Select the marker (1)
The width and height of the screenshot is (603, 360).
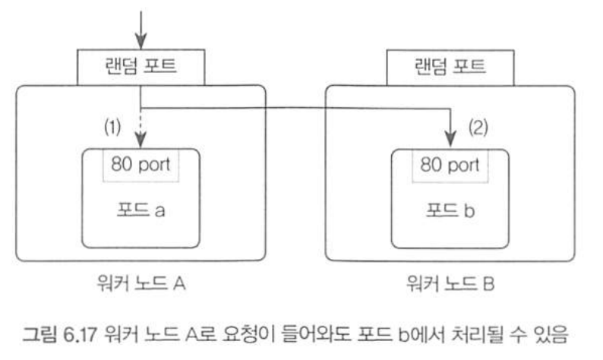pos(113,127)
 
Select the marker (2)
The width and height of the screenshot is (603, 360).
pos(480,125)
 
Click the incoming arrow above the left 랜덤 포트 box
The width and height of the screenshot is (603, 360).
pos(141,27)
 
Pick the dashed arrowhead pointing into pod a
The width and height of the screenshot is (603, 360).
pos(141,140)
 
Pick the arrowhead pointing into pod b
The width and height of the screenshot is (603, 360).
pos(450,140)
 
